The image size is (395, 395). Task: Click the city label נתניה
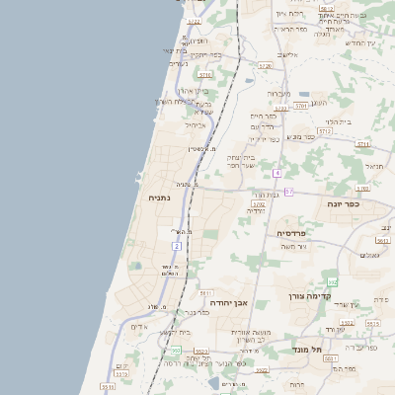click(x=159, y=197)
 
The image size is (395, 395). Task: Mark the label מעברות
click(x=278, y=94)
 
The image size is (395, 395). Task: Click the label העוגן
click(x=319, y=102)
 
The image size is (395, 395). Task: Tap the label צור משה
click(x=294, y=246)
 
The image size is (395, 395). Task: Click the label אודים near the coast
click(x=139, y=326)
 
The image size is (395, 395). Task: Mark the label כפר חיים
click(x=263, y=116)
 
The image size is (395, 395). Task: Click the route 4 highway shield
click(x=277, y=173)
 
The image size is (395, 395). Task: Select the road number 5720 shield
click(x=264, y=66)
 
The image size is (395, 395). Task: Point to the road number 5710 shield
click(x=205, y=75)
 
